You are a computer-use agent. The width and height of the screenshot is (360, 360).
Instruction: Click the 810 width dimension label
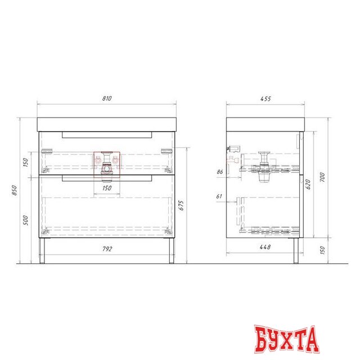[107, 98]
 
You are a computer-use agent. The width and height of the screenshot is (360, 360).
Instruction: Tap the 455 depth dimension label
[265, 99]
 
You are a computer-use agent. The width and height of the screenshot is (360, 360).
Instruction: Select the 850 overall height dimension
[14, 190]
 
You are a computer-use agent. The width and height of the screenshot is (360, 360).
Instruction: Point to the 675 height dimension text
[181, 205]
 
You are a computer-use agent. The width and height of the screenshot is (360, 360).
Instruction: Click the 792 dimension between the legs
[107, 249]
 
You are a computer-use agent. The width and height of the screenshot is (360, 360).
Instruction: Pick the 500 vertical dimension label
[25, 220]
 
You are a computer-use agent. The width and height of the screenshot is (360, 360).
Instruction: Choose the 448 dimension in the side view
[265, 247]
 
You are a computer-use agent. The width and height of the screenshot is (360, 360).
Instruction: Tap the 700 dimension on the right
[322, 177]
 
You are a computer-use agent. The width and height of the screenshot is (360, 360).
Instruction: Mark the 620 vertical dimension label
[308, 184]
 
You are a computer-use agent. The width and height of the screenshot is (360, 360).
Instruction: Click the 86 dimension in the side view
[220, 172]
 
